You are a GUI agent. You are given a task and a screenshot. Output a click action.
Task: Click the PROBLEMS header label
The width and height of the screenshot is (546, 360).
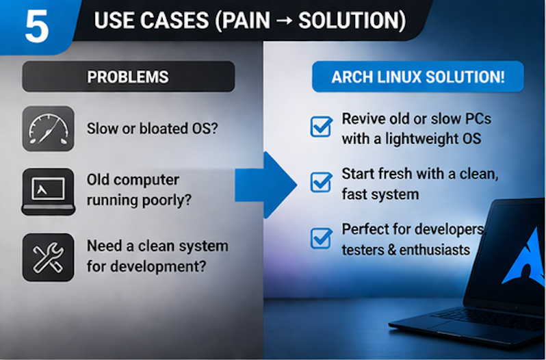128,77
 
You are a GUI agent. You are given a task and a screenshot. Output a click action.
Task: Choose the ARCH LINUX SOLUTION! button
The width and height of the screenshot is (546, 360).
418,77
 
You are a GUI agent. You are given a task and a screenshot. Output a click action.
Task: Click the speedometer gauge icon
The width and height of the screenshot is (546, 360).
48,129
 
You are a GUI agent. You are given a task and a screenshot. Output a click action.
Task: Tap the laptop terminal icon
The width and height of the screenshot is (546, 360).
48,190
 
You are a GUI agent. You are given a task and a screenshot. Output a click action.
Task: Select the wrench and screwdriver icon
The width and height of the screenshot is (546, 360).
48,257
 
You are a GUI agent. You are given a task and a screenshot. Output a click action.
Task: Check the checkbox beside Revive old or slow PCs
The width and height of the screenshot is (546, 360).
320,127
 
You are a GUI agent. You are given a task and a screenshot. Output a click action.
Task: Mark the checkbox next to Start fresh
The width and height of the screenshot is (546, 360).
320,182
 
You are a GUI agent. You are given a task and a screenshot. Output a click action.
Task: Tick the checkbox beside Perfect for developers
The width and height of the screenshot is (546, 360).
320,237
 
